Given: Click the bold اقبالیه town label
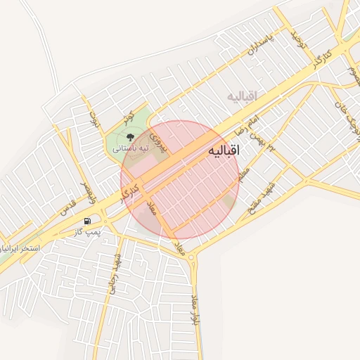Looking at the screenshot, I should point(224,151).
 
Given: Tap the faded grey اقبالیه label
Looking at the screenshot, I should point(243,96).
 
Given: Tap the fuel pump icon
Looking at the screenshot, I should point(86,221).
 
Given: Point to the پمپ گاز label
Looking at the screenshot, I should point(89,231).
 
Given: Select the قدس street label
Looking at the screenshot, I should point(67,207).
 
